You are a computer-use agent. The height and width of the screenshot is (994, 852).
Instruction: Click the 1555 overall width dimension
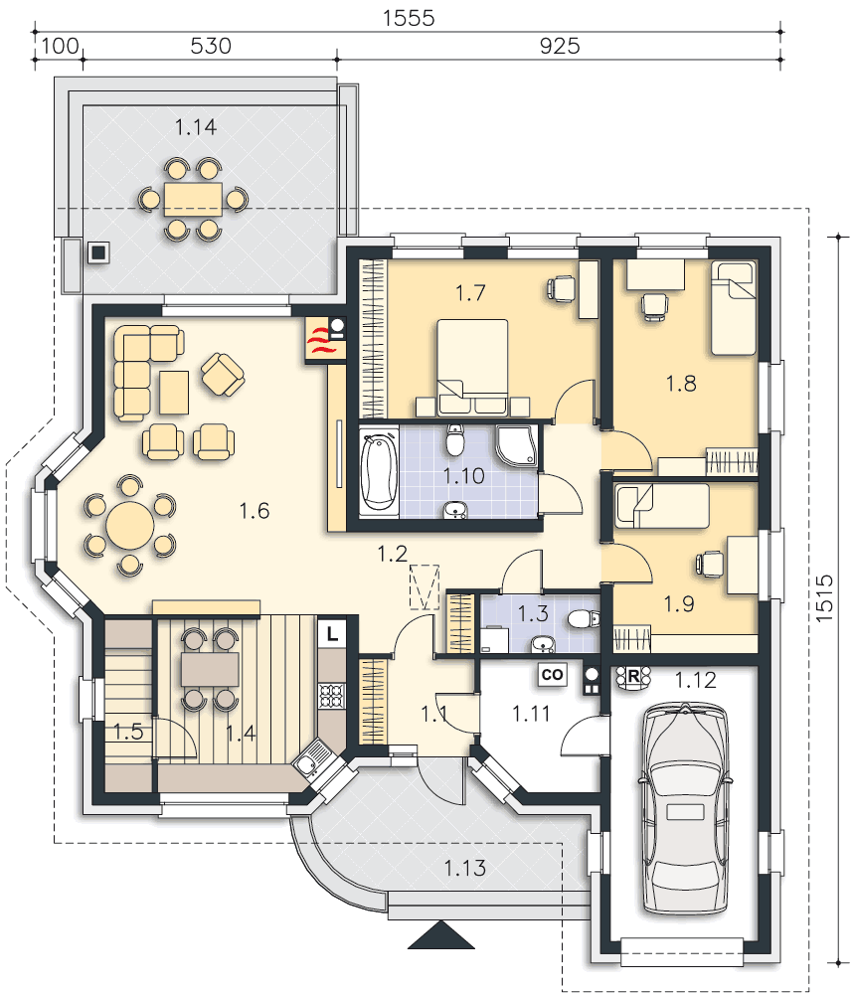[409, 18]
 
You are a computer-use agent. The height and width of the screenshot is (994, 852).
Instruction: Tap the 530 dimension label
[211, 46]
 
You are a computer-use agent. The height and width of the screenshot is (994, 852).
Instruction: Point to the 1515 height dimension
[823, 597]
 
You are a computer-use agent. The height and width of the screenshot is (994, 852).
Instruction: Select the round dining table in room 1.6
[130, 526]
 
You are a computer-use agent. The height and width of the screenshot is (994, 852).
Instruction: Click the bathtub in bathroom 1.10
[379, 471]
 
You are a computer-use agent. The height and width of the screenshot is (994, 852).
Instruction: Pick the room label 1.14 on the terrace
[196, 127]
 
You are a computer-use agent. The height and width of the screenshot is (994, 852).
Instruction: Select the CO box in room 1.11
[552, 675]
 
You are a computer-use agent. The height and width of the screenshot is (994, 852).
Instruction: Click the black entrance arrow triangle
[441, 935]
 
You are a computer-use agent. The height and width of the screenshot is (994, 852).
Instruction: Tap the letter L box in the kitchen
[332, 633]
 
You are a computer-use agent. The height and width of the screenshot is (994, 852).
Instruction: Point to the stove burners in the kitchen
[331, 696]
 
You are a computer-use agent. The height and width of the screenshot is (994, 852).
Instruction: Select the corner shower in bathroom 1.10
[517, 445]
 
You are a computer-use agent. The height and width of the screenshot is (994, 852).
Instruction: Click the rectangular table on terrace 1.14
[193, 200]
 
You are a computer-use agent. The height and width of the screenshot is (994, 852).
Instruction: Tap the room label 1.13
[464, 868]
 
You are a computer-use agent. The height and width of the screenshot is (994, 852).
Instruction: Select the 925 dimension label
[560, 46]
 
